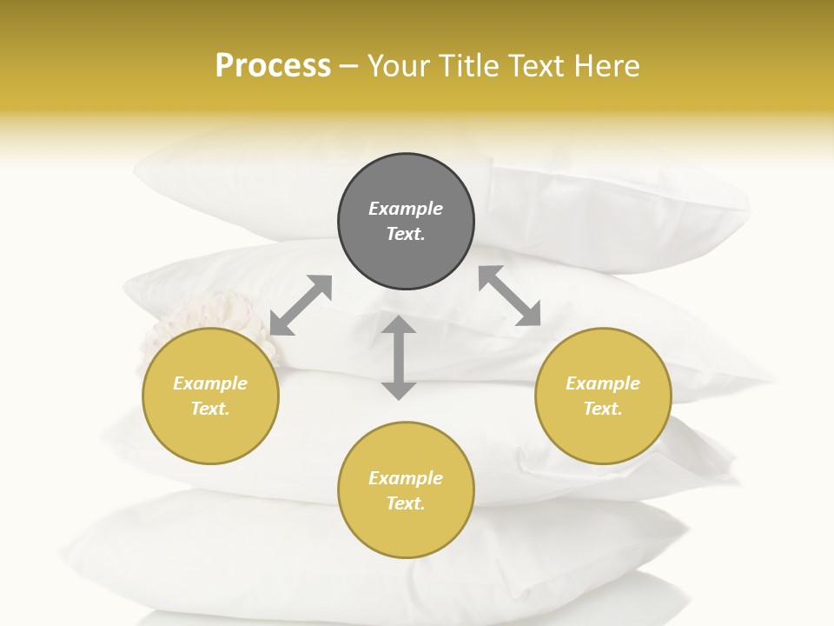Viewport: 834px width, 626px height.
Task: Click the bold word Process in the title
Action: [273, 66]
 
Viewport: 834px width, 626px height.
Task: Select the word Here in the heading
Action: [608, 66]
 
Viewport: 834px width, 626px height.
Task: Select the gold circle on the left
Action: [210, 435]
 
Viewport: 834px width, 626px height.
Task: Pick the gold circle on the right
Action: [603, 435]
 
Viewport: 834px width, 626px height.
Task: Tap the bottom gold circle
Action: [406, 530]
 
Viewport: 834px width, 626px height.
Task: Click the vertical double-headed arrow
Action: [399, 358]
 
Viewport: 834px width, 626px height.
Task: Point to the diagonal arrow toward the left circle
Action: [301, 305]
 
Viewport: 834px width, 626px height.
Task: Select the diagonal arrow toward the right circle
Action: [510, 296]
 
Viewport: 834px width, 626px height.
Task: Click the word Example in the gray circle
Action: [406, 209]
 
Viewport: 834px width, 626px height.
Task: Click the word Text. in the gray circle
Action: [406, 234]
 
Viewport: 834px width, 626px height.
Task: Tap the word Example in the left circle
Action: [210, 383]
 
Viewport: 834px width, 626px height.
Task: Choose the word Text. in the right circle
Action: [603, 409]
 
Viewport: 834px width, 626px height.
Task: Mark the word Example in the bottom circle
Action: [406, 478]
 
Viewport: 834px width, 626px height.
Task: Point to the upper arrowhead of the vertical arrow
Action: [399, 325]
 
